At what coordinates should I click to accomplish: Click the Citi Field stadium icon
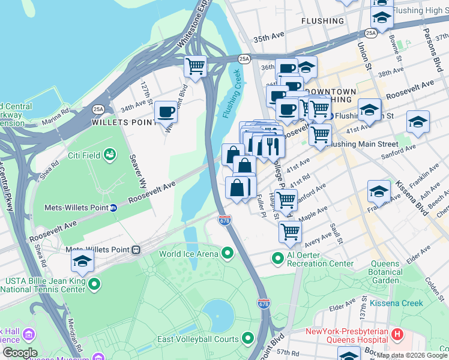[x=110, y=155]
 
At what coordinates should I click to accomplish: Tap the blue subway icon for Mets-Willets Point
[x=113, y=208]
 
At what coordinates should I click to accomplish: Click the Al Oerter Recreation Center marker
[x=277, y=259]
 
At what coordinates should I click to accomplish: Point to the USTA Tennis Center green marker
[x=94, y=284]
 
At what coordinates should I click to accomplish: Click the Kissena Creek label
[x=396, y=303]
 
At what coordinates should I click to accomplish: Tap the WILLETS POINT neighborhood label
[x=119, y=122]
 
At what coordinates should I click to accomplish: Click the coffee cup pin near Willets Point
[x=166, y=112]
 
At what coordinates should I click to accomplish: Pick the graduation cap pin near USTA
[x=82, y=261]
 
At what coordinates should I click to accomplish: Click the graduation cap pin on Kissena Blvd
[x=379, y=191]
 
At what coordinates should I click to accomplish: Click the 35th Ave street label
[x=268, y=38]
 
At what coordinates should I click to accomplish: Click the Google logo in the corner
[x=20, y=353]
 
